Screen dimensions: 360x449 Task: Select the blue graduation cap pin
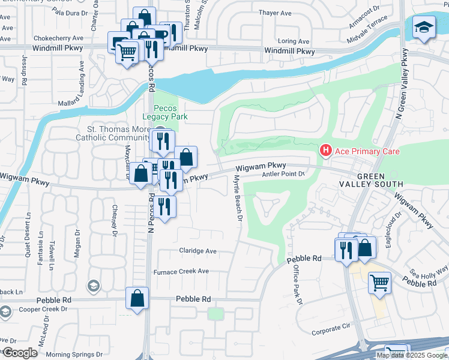[424, 28]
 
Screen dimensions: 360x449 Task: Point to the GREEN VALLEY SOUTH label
[379, 179]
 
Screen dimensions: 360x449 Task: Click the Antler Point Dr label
[284, 174]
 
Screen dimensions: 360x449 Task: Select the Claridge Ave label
[197, 251]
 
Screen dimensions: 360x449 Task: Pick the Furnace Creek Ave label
[181, 271]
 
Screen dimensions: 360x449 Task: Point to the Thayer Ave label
[274, 13]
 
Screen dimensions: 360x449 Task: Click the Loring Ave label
[295, 41]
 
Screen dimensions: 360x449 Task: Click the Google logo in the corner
[20, 353]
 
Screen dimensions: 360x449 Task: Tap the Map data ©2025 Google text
[412, 355]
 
